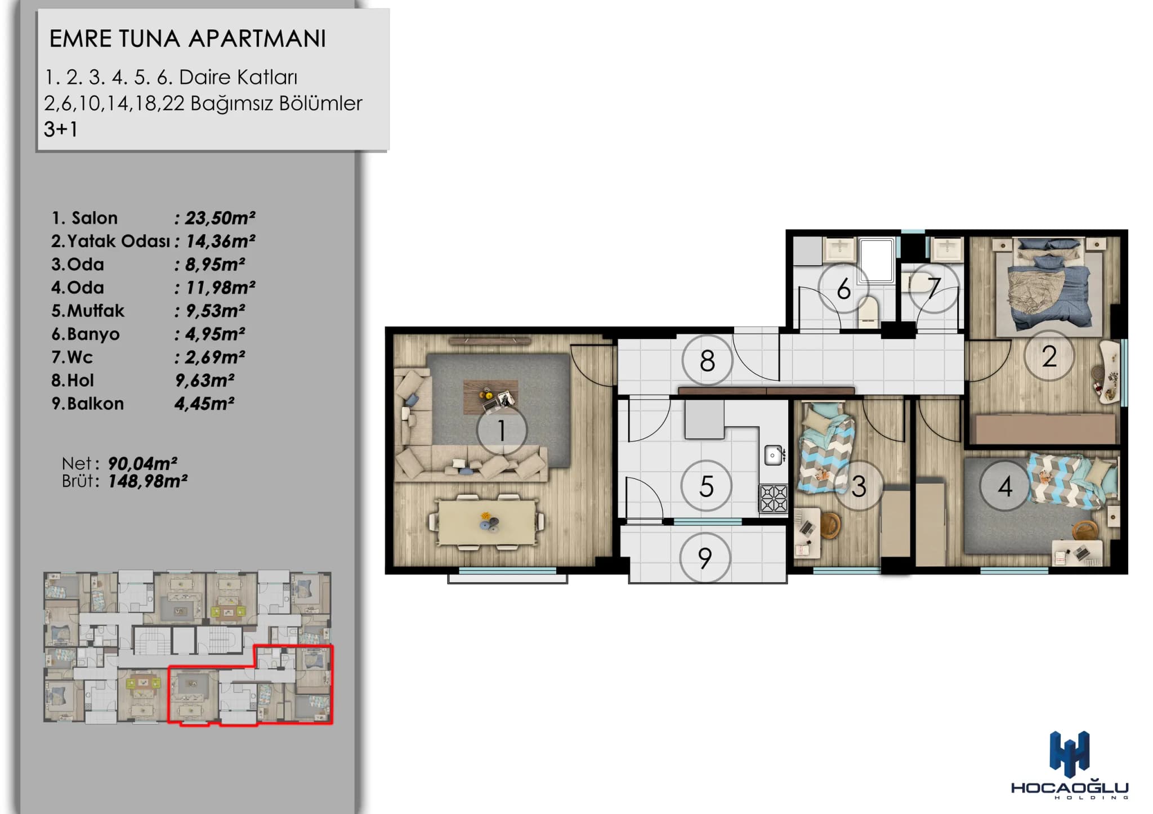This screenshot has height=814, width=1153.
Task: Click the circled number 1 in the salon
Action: click(502, 431)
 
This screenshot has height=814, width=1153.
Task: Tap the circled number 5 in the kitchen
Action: click(706, 486)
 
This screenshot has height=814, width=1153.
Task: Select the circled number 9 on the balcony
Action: click(705, 558)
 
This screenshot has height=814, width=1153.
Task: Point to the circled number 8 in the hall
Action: click(707, 360)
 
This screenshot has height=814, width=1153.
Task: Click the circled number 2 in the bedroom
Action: click(1049, 356)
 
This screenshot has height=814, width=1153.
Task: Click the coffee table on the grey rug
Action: click(490, 397)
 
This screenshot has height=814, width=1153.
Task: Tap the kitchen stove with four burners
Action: click(774, 498)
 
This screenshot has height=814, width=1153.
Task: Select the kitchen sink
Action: click(774, 454)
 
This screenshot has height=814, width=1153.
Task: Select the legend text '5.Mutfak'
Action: click(88, 311)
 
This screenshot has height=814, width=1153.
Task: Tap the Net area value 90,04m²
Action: click(142, 463)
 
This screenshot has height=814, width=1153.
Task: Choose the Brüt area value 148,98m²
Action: click(148, 481)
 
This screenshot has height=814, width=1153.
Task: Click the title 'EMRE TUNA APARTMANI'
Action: click(187, 39)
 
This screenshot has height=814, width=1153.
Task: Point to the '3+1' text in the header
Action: click(61, 129)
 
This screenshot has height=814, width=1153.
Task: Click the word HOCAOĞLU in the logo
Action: click(1070, 787)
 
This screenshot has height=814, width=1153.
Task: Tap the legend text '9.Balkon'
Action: click(87, 404)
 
